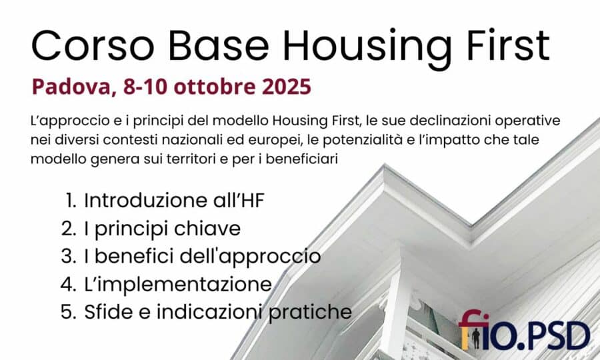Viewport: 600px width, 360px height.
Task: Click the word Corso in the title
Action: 93,45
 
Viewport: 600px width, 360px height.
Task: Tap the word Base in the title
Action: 219,45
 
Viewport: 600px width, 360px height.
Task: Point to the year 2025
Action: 286,87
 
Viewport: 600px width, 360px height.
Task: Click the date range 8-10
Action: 145,87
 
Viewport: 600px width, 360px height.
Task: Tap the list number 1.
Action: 71,200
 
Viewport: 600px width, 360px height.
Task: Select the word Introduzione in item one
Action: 146,200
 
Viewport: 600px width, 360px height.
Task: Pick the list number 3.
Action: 68,256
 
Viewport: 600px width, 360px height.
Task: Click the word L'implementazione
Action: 178,284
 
